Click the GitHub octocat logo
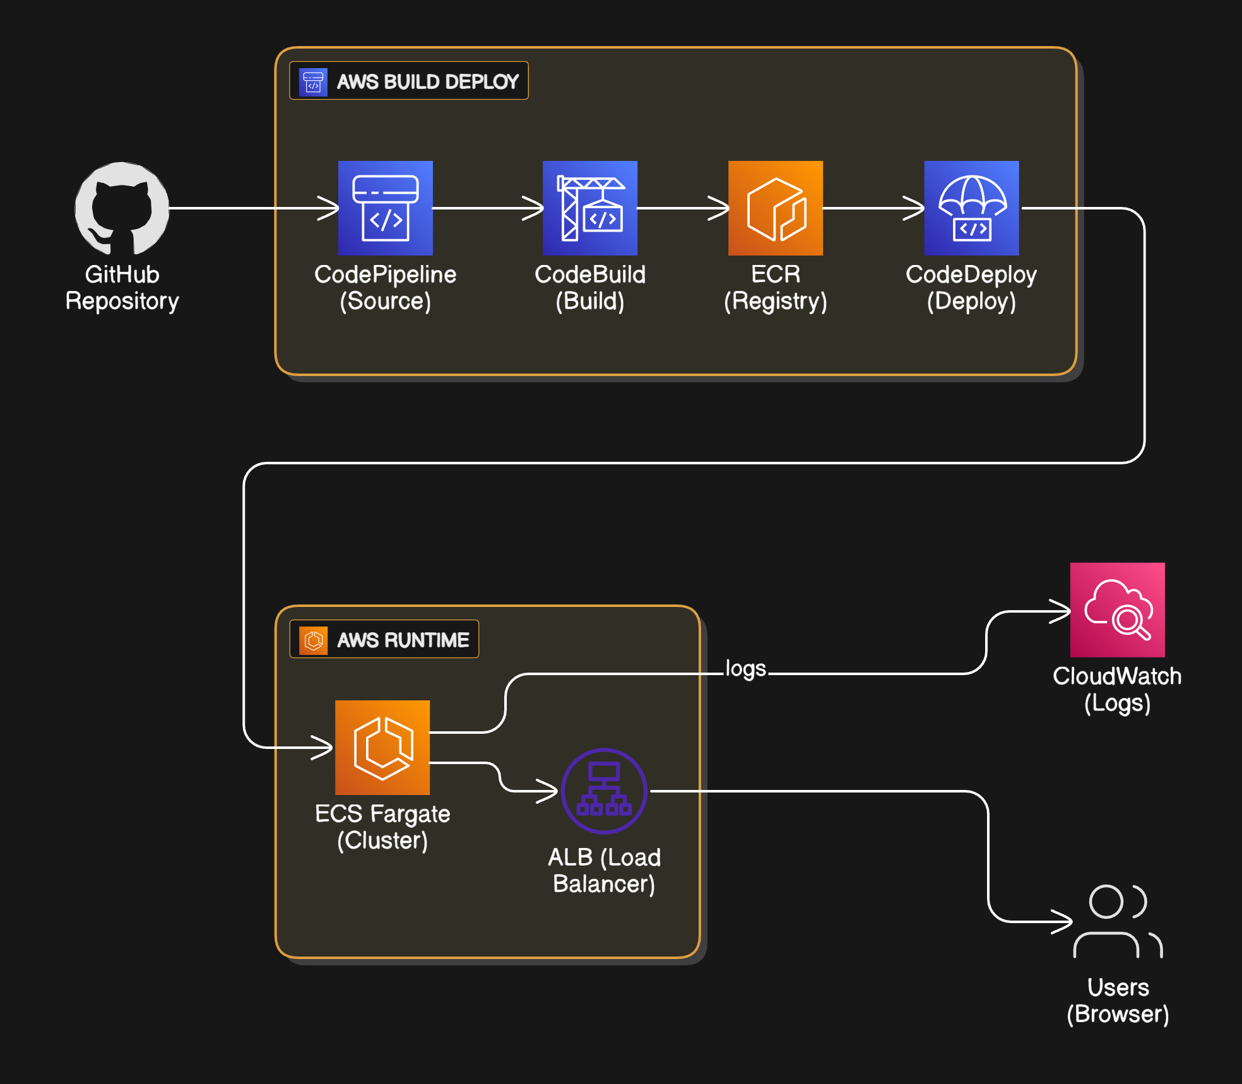[x=122, y=208]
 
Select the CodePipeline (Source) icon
[x=385, y=208]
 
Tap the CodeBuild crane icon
[x=589, y=208]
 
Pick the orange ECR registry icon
[x=775, y=208]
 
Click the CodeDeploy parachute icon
[x=971, y=208]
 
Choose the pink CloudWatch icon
[x=1117, y=610]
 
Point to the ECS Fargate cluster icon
[x=382, y=747]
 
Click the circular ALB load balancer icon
[x=604, y=791]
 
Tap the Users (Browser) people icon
[x=1117, y=921]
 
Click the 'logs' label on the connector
[x=745, y=669]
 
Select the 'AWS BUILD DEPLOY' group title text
[x=427, y=81]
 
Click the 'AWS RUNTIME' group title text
[x=403, y=640]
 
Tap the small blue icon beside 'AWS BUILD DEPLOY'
[x=313, y=81]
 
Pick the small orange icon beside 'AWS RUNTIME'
[x=313, y=640]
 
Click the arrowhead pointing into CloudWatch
[x=1062, y=611]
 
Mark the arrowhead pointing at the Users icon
[x=1063, y=922]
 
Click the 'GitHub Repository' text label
[x=122, y=288]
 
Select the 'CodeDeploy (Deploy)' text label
[x=971, y=288]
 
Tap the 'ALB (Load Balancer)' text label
[x=604, y=871]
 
